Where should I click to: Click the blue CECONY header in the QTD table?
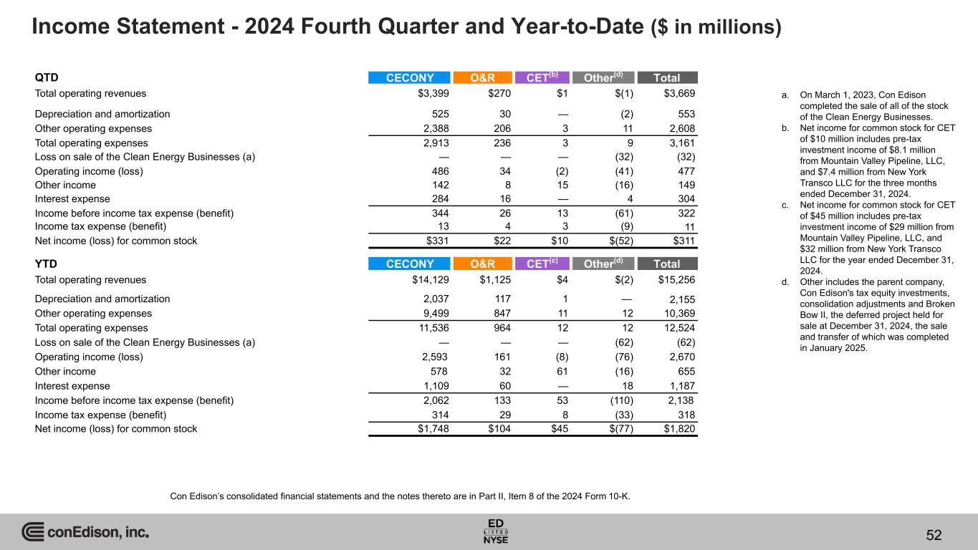409,78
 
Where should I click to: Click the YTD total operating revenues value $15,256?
675,280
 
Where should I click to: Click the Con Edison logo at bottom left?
85,532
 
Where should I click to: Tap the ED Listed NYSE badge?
497,531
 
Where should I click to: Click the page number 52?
934,536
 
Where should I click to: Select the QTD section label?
46,77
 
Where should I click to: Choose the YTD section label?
46,264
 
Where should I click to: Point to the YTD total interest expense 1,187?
680,386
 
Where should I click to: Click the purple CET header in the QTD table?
547,78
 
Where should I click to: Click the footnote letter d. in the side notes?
785,281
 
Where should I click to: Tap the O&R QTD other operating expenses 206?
500,129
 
